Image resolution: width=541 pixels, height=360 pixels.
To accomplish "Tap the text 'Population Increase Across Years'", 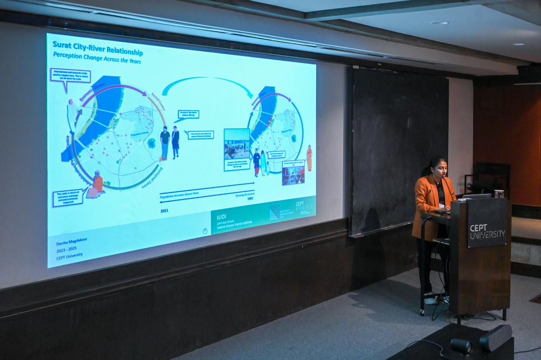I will [179, 194].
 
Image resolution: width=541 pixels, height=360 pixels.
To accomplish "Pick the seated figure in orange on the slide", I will [96, 184].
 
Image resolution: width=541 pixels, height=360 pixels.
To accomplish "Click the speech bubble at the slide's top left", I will [70, 76].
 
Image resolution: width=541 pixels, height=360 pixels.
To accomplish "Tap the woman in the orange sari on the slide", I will [309, 158].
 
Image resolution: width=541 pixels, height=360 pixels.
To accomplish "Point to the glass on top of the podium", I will [498, 194].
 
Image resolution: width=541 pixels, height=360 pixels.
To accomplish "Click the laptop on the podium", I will [476, 196].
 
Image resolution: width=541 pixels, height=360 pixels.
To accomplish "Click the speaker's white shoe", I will [431, 300].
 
